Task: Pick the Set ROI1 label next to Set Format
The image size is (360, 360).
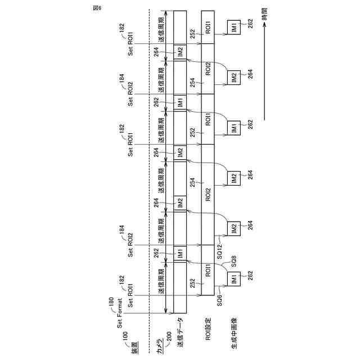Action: click(x=130, y=294)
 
